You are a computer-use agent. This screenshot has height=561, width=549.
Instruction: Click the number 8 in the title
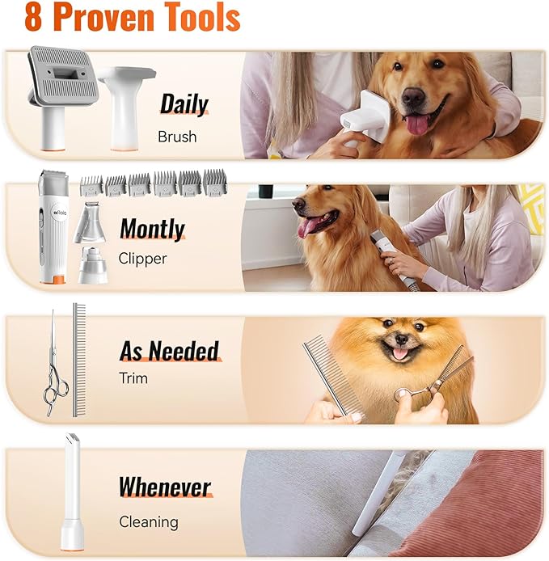(x=33, y=17)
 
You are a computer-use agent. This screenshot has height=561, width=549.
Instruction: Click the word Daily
(x=184, y=104)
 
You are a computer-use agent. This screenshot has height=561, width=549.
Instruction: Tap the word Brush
(x=177, y=137)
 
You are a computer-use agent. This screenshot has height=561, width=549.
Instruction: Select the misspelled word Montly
(x=153, y=229)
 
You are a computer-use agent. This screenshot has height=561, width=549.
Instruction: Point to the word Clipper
(x=142, y=259)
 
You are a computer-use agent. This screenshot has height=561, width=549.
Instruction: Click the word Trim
(x=133, y=378)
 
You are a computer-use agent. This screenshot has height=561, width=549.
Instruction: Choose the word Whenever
(x=165, y=487)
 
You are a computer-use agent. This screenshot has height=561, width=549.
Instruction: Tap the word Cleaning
(x=149, y=522)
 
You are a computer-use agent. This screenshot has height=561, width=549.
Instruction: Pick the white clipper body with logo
(x=53, y=227)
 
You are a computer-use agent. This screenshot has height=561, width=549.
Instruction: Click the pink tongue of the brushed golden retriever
(x=417, y=125)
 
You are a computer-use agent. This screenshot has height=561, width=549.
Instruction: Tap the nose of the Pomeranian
(x=401, y=339)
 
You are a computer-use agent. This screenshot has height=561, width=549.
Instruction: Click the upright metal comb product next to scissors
(x=79, y=360)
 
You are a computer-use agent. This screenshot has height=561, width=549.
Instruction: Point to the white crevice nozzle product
(x=72, y=492)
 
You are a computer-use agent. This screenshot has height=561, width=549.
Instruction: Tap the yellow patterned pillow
(x=534, y=208)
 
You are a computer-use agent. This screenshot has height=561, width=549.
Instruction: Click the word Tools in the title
(x=203, y=17)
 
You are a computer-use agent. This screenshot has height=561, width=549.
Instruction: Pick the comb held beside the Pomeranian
(x=333, y=376)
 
